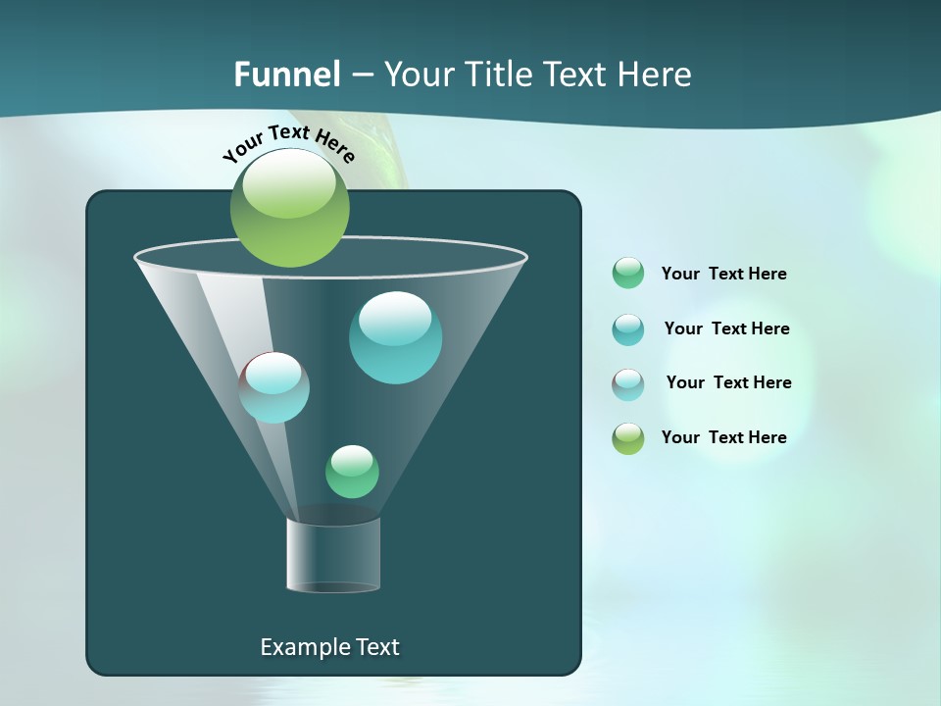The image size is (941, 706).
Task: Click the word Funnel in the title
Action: [x=286, y=75]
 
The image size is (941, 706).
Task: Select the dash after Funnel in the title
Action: [x=362, y=76]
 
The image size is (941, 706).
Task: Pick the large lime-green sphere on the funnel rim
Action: [x=289, y=208]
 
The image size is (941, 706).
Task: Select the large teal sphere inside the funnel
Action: [x=395, y=337]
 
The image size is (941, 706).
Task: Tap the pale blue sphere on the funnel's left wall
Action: [x=274, y=387]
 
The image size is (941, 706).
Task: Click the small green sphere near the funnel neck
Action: [x=352, y=471]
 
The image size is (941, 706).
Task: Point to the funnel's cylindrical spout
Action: [x=333, y=554]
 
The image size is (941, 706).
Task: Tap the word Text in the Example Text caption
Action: [x=376, y=647]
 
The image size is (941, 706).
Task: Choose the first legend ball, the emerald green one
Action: [x=628, y=273]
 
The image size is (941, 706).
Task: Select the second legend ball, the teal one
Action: [x=628, y=328]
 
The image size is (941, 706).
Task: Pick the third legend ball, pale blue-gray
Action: [x=628, y=383]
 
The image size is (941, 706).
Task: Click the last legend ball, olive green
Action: [x=628, y=438]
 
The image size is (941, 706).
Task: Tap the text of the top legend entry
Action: [x=723, y=274]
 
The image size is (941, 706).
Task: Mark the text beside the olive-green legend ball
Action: [x=723, y=437]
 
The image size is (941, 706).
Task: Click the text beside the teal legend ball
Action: [x=726, y=328]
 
